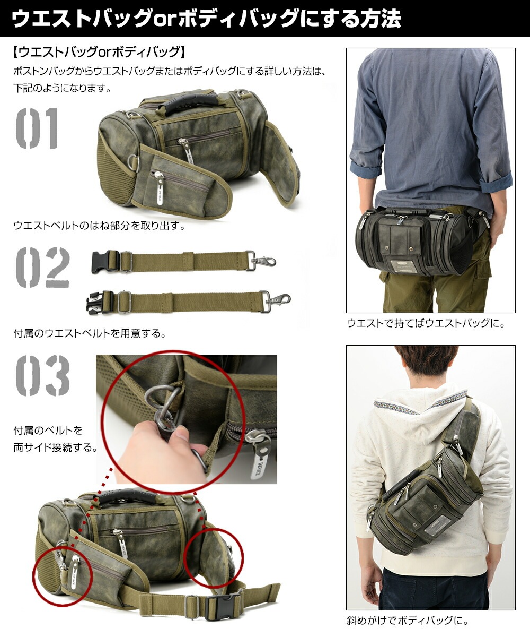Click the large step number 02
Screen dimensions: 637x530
[x=42, y=268]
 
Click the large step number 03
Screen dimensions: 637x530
[x=42, y=376]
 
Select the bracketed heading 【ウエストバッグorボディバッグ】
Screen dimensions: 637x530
[x=99, y=52]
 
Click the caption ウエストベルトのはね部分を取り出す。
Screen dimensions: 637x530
[x=99, y=226]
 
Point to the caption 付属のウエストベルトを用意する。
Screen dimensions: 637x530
[x=90, y=334]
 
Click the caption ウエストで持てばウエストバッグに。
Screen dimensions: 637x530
[x=426, y=323]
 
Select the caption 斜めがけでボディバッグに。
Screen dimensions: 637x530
[x=408, y=619]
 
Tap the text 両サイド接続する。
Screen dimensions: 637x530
[x=56, y=447]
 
